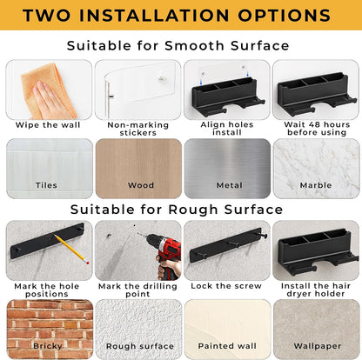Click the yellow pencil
click(71, 249)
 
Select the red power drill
click(164, 255)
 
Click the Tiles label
click(46, 185)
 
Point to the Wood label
click(141, 185)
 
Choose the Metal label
click(230, 185)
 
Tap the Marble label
click(316, 185)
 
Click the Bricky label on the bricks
click(48, 346)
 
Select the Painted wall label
click(227, 346)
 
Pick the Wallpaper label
click(318, 346)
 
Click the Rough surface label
click(140, 346)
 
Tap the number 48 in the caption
click(314, 124)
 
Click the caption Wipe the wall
click(48, 125)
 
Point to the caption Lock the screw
click(226, 286)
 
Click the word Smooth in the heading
click(194, 46)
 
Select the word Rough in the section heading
click(193, 210)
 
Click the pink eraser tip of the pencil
click(87, 263)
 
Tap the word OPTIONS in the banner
click(285, 16)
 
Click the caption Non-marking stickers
click(138, 129)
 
